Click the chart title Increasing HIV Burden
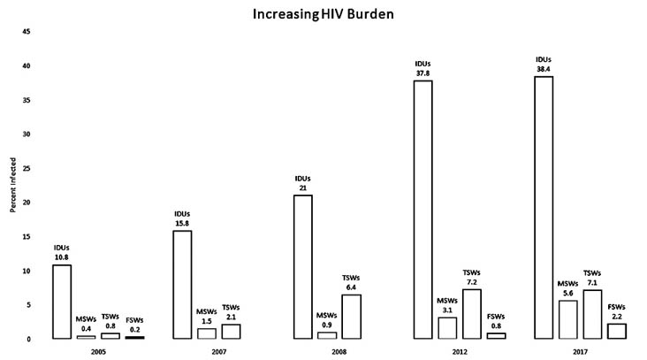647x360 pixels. click(x=323, y=15)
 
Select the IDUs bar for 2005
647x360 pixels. click(x=62, y=302)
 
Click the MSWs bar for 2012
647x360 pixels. click(x=447, y=327)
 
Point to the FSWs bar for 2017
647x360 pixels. click(x=617, y=331)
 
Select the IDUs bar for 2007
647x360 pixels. click(x=183, y=285)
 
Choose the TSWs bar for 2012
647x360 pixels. click(x=472, y=313)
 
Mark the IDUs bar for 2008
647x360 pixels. click(x=303, y=266)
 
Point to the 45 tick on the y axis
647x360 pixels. click(x=27, y=32)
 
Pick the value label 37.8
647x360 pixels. click(x=423, y=74)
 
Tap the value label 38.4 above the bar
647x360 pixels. click(x=544, y=70)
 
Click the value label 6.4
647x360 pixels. click(x=352, y=287)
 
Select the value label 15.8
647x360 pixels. click(x=183, y=224)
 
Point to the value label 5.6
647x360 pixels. click(x=568, y=294)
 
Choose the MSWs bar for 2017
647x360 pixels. click(x=568, y=319)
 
